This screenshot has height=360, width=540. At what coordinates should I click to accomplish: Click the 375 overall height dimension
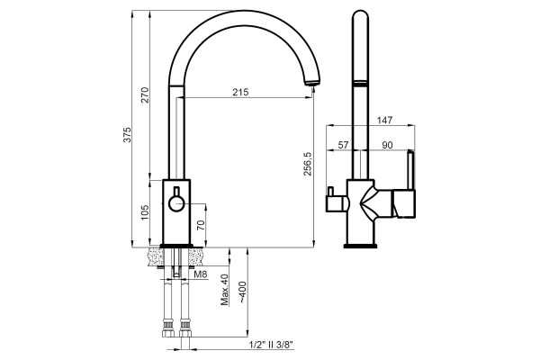click(128, 135)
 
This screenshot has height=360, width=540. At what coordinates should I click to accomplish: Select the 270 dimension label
click(145, 95)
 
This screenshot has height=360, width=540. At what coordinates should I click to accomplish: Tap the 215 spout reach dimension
click(240, 92)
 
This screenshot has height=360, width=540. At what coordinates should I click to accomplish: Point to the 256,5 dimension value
click(307, 164)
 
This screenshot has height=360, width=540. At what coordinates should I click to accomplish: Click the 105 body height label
click(145, 212)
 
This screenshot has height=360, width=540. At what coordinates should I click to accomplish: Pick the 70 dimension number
click(201, 225)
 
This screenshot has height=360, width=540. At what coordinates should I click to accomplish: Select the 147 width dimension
click(384, 120)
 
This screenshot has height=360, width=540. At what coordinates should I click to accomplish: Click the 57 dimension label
click(343, 145)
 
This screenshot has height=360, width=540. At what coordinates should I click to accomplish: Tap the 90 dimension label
click(387, 145)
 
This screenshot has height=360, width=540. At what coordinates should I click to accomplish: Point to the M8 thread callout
click(201, 274)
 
